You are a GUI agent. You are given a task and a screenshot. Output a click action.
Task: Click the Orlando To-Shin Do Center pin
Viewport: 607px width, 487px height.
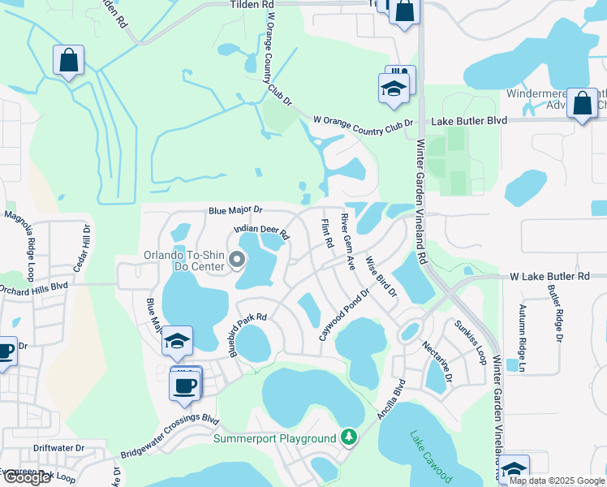pos(238,260)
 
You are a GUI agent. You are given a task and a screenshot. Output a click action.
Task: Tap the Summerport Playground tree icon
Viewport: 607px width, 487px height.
pos(349,437)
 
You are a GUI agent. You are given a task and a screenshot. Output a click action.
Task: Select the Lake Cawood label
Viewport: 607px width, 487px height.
pos(432,456)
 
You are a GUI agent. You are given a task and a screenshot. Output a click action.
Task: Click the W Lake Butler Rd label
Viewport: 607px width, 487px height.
pos(549,277)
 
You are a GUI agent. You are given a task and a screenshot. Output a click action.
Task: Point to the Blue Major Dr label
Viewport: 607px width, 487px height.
pos(235,209)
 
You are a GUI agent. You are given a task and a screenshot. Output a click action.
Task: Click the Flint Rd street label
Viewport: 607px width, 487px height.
pos(327,233)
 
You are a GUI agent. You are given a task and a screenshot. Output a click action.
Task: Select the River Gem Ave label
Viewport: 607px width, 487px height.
pos(348,241)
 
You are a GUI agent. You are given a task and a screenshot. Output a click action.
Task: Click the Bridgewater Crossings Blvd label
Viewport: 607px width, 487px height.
pos(170,436)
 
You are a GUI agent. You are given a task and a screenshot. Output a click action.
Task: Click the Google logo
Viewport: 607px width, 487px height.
pos(26,477)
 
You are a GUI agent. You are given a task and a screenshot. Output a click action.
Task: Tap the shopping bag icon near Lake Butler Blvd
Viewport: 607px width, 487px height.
pos(582,103)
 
